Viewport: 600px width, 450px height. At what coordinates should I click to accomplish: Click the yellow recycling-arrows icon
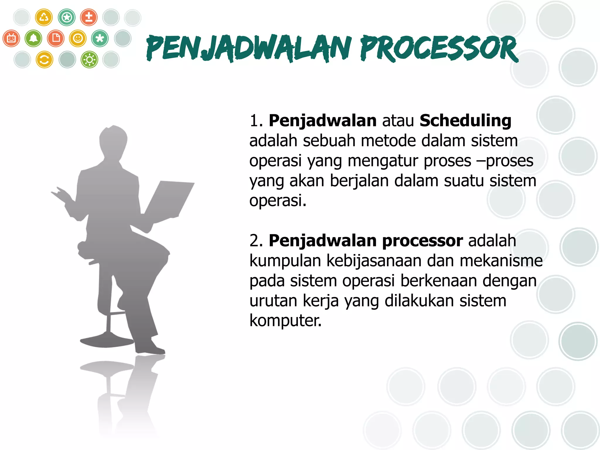click(44, 17)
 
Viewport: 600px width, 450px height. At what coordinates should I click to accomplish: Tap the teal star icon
click(67, 17)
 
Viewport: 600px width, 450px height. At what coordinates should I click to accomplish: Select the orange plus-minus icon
click(89, 17)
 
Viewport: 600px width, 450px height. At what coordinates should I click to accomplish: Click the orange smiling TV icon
click(11, 38)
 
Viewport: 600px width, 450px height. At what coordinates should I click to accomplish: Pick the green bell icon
click(33, 38)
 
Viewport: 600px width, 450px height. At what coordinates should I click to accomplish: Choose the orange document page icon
click(56, 38)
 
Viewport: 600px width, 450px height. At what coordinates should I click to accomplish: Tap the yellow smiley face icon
click(78, 38)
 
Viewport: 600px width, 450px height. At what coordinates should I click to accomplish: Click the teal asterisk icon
click(100, 38)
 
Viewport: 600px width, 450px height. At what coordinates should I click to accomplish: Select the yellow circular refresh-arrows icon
click(44, 60)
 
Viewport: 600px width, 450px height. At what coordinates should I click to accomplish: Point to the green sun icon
click(89, 60)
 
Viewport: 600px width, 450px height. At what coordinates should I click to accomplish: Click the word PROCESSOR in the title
click(439, 48)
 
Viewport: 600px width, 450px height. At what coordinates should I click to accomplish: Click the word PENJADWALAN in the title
click(248, 48)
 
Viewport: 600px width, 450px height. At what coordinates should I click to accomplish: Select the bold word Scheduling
click(465, 121)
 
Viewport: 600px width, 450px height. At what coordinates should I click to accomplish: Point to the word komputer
click(285, 320)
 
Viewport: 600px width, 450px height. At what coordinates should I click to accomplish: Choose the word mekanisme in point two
click(501, 261)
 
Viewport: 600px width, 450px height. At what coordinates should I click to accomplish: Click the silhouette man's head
click(113, 141)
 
